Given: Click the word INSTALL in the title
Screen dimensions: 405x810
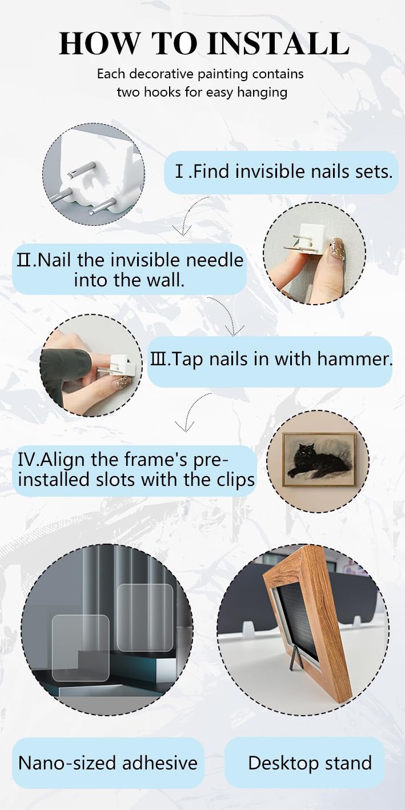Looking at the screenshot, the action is point(279,43).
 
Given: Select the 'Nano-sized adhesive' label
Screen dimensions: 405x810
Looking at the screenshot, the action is point(108,763).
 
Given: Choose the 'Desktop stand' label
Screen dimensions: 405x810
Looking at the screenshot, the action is point(310,763).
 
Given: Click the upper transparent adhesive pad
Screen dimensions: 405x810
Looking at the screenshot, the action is point(145,617).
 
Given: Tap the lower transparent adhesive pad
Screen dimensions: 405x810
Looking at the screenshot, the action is point(81,647).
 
